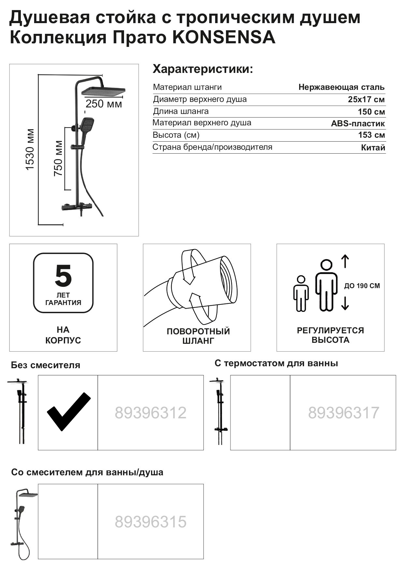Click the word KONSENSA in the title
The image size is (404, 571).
[223, 37]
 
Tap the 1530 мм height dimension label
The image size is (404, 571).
[30, 149]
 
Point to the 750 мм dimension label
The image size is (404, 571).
[58, 158]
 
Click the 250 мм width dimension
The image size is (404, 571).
[104, 104]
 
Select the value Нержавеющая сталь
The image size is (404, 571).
[341, 87]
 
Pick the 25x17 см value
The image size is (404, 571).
[366, 100]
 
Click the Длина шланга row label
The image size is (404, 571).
[181, 111]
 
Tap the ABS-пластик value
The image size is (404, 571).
[357, 124]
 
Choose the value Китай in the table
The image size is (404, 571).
[373, 148]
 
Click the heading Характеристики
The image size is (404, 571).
[202, 69]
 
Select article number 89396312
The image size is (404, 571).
[150, 413]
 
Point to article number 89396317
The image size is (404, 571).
[343, 413]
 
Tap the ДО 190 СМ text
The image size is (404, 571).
[362, 286]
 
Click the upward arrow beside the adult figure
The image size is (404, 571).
[345, 261]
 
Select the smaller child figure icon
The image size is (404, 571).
[301, 293]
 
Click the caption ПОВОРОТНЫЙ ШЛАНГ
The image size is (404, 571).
[198, 336]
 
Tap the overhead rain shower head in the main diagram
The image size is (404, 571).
[103, 91]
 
